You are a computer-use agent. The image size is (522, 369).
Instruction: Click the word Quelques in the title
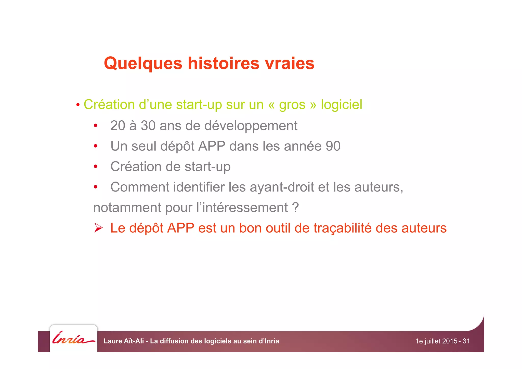(143, 63)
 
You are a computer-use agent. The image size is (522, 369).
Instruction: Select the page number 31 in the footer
(466, 341)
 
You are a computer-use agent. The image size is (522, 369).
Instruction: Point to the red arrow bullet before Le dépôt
(98, 228)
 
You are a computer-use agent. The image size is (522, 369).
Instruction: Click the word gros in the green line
(292, 105)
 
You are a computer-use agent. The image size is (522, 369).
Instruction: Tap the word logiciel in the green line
(341, 105)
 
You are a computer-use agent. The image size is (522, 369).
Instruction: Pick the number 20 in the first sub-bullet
(118, 126)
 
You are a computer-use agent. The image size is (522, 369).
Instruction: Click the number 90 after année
(333, 146)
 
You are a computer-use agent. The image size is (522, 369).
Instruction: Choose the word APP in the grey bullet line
(212, 146)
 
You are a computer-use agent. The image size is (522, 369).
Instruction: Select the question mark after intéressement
(295, 208)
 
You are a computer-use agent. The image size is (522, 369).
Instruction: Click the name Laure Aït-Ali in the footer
(124, 341)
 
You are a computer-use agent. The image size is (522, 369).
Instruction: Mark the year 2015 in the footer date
(450, 341)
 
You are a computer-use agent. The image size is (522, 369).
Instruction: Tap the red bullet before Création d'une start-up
(78, 105)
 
